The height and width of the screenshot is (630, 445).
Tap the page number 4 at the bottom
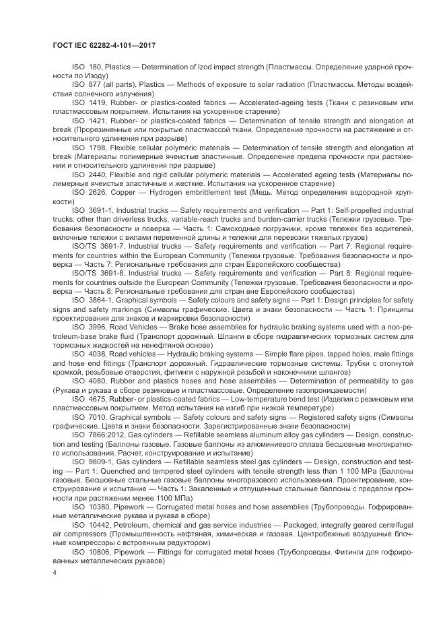click(53, 571)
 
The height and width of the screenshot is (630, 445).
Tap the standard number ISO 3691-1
click(90, 210)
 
